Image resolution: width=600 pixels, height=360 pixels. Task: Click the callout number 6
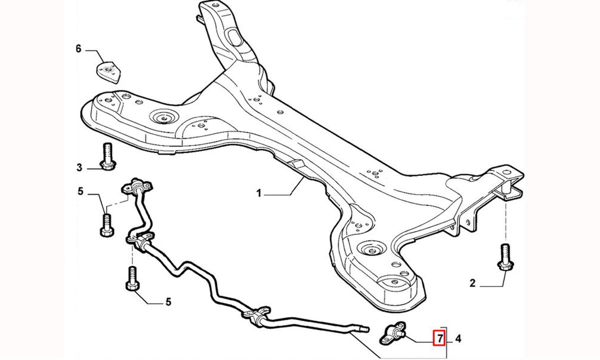point(78,49)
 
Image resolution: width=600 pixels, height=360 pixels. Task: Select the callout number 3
point(79,167)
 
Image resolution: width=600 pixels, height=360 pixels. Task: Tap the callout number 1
point(258,193)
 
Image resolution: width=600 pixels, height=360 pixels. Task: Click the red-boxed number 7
point(439,338)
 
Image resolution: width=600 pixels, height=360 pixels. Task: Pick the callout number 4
point(458,339)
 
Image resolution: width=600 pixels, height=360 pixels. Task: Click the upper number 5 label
point(80,191)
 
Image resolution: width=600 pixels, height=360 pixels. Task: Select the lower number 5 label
point(168,302)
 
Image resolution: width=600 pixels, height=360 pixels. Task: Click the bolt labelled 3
point(107,156)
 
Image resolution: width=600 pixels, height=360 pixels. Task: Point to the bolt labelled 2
point(505,257)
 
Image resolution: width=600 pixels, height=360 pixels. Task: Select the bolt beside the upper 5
point(107,225)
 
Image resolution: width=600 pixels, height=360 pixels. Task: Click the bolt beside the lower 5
point(132,278)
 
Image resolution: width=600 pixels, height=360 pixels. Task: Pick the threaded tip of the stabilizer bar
point(365,328)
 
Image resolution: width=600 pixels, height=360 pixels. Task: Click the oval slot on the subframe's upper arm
point(234,38)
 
